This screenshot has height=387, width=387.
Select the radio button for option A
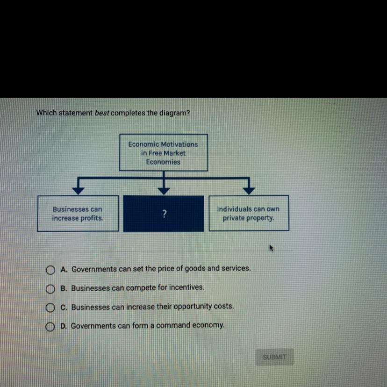click(50, 270)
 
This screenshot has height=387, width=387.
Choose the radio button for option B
click(50, 289)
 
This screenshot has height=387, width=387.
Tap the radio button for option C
click(50, 308)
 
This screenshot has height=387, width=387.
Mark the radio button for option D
click(50, 327)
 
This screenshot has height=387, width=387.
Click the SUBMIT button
click(274, 357)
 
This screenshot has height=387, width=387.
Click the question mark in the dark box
click(165, 214)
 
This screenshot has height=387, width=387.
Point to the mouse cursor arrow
click(271, 248)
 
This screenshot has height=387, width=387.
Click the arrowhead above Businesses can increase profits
click(78, 191)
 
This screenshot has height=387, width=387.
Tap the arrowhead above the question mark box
click(164, 191)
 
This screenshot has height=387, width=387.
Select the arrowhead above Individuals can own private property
click(249, 191)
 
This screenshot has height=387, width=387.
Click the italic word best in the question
click(102, 113)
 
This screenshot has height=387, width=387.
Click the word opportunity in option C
click(193, 306)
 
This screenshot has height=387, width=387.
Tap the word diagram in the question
click(174, 113)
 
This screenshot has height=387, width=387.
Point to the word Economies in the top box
click(163, 162)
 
